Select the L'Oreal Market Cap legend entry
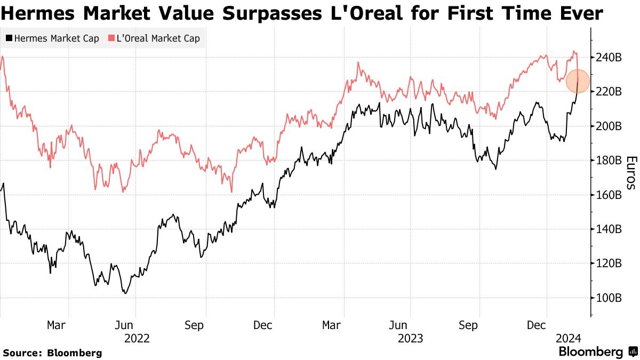pyautogui.click(x=154, y=38)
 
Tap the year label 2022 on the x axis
pyautogui.click(x=137, y=338)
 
